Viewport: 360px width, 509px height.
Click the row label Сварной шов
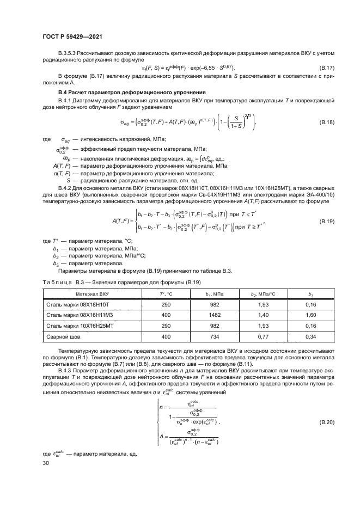pos(61,338)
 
